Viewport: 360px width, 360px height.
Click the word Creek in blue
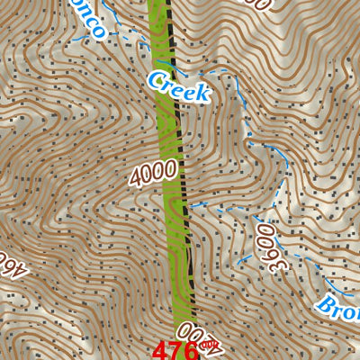(178, 85)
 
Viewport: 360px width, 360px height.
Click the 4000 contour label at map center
(152, 171)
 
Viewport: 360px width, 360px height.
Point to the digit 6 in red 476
(192, 349)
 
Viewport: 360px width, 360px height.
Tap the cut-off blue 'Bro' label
(338, 303)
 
